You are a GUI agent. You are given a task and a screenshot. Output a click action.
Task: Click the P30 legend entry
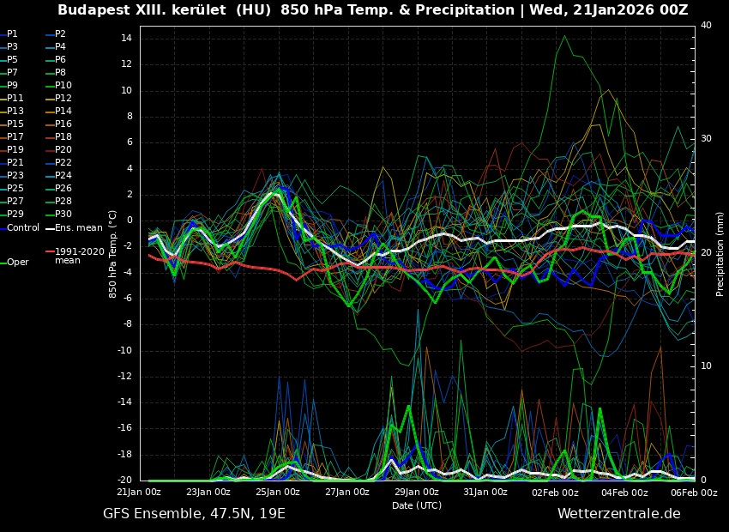click(63, 215)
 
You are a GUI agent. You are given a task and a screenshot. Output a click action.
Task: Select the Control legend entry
click(22, 227)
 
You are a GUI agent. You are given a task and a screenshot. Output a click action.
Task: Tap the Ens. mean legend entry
click(78, 227)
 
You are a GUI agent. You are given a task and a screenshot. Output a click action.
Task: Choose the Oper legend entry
click(17, 263)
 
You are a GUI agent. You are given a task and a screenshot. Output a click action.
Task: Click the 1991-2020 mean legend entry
click(79, 256)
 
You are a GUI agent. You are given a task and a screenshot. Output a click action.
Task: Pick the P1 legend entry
click(12, 34)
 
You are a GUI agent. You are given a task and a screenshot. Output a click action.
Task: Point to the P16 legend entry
click(63, 124)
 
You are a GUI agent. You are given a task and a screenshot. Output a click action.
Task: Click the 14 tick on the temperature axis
click(125, 39)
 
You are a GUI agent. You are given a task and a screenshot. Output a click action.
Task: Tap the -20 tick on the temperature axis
click(124, 481)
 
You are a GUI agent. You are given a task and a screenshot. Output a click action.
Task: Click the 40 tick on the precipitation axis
click(706, 26)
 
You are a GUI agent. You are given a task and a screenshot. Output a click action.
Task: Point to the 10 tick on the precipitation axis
click(706, 366)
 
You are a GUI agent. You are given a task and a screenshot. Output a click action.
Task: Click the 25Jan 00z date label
click(278, 493)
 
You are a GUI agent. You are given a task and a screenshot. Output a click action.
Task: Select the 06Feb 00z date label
click(693, 493)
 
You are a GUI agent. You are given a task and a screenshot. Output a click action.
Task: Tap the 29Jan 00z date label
click(417, 493)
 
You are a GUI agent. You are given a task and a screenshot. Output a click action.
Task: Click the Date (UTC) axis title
click(417, 505)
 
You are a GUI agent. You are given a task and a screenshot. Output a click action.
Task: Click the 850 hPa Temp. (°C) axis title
click(113, 253)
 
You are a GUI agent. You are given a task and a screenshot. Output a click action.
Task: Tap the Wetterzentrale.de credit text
click(618, 514)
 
